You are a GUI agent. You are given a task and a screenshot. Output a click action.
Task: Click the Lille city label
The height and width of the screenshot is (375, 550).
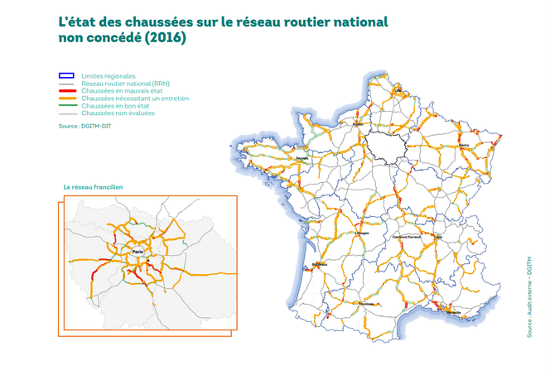(398, 90)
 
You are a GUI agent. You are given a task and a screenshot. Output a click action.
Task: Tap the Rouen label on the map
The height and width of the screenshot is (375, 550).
(359, 125)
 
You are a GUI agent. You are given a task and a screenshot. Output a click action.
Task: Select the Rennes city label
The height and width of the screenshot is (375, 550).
(302, 160)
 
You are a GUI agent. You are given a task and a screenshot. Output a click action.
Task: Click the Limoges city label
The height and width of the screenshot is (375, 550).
(362, 233)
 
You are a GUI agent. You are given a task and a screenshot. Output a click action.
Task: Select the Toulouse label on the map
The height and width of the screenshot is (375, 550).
(367, 303)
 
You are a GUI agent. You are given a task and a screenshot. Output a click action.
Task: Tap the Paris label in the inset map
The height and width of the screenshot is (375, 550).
(137, 251)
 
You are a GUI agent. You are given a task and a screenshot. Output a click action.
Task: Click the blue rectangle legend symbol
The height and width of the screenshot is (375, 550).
(66, 76)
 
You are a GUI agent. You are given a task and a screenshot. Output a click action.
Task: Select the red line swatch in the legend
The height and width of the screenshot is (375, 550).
(66, 91)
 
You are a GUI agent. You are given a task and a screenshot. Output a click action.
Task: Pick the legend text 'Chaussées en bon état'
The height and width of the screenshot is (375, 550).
(117, 106)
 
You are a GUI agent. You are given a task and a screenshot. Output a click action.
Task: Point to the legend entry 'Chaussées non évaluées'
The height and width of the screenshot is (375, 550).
(119, 113)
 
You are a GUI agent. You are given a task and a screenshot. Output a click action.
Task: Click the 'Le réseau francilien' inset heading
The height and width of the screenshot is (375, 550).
(94, 187)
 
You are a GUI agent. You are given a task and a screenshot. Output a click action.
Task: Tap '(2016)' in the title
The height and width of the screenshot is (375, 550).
(166, 38)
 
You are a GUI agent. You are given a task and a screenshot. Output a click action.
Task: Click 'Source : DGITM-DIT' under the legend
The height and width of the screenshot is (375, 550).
(87, 126)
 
